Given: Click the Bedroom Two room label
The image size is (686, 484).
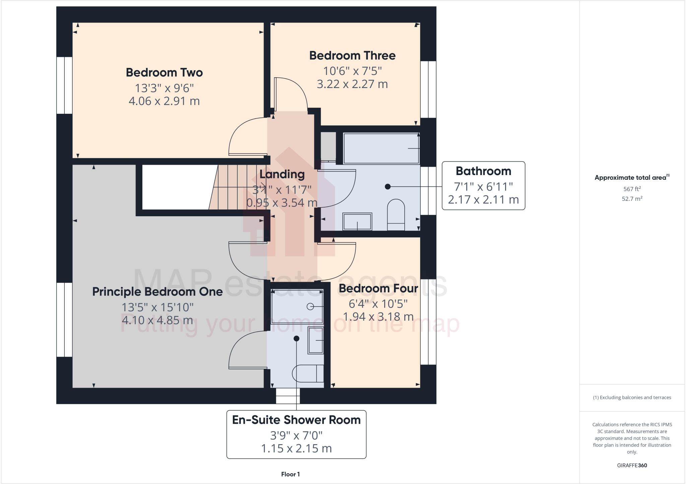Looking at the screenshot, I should coord(164,73).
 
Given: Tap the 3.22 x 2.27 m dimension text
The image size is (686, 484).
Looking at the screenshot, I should coord(352,84).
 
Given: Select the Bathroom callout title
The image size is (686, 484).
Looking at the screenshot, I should coord(483,171).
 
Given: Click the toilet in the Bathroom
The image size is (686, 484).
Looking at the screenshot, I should coord(396,214).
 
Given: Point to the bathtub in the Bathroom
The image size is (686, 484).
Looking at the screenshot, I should coord(381,148).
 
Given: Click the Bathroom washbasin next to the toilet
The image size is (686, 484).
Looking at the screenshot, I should coord(357,222).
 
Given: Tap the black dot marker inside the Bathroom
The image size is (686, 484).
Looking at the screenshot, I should coord(388,186).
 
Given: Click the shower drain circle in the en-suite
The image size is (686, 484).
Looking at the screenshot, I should coord(310,306).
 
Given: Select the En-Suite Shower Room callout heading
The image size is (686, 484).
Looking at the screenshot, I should coord(296,420).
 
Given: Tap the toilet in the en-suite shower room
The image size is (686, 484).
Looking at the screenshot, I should coord(307,373).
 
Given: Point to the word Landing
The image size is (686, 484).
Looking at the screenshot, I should coord(282,174).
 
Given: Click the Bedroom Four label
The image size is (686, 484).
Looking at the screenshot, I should coord(378,288).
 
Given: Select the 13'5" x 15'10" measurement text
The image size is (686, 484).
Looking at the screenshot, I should coord(157,307).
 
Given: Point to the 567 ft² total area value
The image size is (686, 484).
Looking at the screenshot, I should coord(632,189).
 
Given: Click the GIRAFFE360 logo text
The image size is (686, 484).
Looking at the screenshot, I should coord(632,465).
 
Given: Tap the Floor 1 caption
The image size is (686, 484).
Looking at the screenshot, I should coord(290,474).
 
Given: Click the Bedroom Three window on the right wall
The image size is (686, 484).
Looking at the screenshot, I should coord(428,89).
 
